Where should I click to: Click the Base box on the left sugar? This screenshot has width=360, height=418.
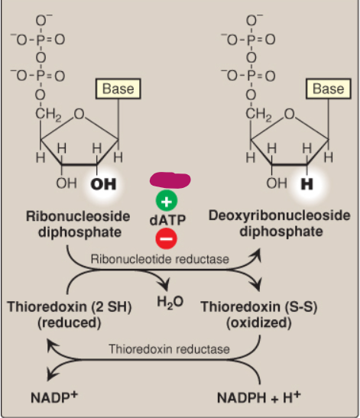click(x=117, y=89)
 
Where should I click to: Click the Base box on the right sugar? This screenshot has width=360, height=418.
click(x=328, y=89)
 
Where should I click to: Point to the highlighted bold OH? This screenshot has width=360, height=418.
click(x=104, y=184)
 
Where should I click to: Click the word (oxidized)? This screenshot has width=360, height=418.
click(x=259, y=322)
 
